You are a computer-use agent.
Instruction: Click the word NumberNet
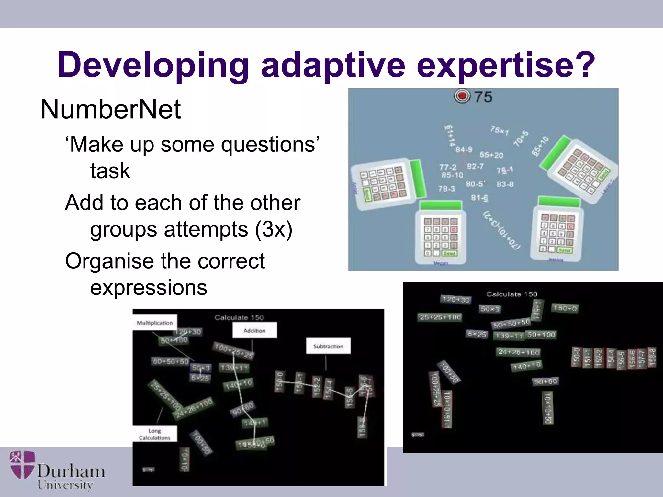coord(110,109)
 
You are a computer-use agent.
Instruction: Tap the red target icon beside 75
coord(462,96)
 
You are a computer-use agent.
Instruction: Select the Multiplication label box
coord(155,323)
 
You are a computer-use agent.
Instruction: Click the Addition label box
coord(254,330)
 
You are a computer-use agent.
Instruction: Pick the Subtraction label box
coord(328,346)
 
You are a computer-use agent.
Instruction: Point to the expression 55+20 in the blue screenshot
coord(491,155)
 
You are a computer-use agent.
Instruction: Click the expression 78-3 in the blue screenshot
coord(446,189)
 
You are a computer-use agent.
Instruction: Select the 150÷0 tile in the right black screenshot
coord(565,308)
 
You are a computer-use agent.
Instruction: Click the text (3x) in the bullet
coord(274,229)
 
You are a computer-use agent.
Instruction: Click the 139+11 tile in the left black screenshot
coord(234,368)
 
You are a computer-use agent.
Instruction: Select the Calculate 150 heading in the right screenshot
coord(511,294)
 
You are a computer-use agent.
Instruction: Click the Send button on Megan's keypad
coord(449,253)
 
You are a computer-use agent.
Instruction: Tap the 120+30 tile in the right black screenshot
coord(455,299)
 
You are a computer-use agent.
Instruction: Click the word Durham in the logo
coord(71,471)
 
